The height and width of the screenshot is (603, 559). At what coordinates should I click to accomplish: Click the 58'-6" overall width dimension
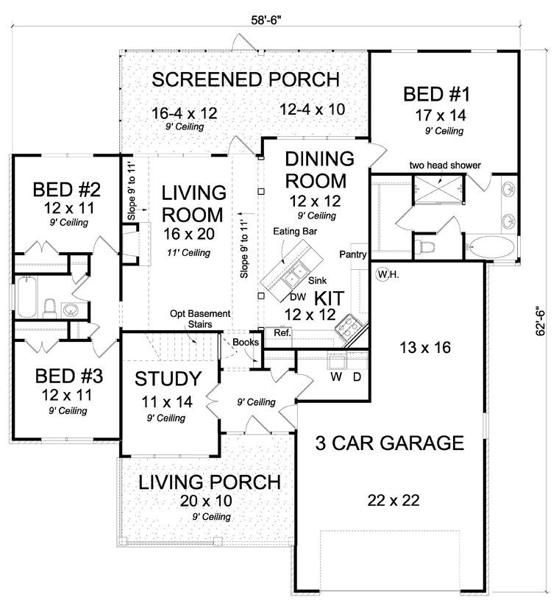266,21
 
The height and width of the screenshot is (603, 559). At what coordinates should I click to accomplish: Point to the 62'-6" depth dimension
541,321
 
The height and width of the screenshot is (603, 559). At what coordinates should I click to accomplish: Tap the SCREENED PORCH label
246,79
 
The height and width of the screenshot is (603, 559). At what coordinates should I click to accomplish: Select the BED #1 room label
437,94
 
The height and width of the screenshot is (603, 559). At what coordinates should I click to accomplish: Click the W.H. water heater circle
383,274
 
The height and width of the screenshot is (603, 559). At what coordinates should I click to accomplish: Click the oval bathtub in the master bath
492,247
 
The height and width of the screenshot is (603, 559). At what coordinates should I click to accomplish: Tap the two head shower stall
439,188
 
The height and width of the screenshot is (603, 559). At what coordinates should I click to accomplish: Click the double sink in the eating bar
295,274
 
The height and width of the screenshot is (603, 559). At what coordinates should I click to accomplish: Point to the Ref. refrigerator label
282,332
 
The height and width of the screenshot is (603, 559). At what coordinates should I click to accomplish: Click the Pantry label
353,254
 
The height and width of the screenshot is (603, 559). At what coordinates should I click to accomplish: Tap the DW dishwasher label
298,297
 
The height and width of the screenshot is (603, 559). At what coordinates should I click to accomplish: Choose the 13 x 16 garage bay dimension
425,348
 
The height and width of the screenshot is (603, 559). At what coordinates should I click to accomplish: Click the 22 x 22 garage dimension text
394,500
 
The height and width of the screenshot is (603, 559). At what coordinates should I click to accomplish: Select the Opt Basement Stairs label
201,319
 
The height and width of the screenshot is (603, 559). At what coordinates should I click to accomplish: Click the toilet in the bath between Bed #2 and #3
49,309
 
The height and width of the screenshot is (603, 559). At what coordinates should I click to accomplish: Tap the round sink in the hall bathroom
70,310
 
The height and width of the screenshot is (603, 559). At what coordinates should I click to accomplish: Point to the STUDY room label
168,379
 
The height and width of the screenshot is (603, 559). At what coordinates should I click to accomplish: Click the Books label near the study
246,342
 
